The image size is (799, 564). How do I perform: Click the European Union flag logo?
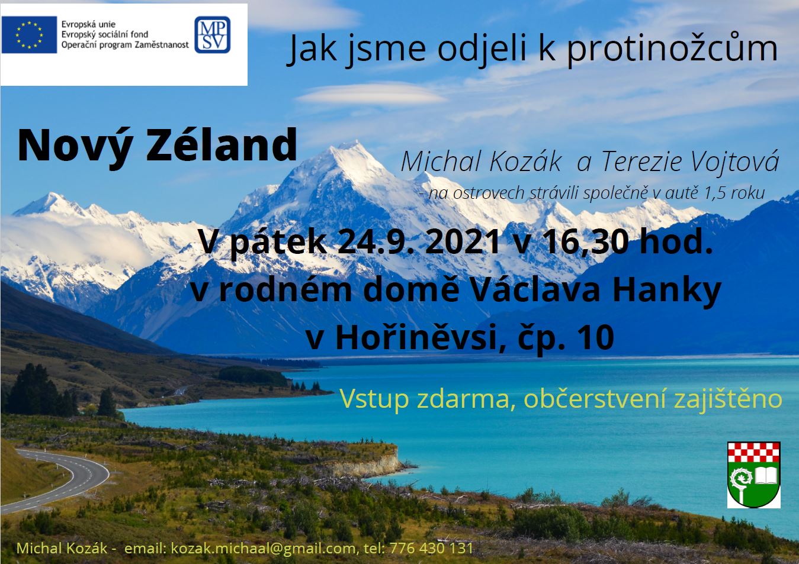(29, 34)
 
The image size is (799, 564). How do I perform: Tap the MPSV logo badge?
(212, 34)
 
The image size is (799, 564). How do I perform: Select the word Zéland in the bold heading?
(222, 146)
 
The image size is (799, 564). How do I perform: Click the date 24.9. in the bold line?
(376, 242)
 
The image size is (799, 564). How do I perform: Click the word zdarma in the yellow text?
(466, 399)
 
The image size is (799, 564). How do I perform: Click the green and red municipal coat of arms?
(754, 475)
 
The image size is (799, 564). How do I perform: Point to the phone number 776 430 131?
(432, 548)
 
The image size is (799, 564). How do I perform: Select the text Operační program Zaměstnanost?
(125, 44)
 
